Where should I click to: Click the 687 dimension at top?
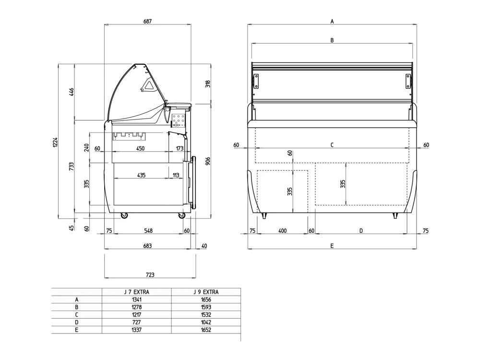point(147,22)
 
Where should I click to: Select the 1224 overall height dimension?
point(55,142)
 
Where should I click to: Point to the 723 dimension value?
point(150,275)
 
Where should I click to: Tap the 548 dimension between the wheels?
point(148,230)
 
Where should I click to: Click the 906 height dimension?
point(208,161)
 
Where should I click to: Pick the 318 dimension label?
point(208,84)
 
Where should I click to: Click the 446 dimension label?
point(72,92)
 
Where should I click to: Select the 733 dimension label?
point(72,167)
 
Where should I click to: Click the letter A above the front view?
point(332,22)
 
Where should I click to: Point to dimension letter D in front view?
point(361,230)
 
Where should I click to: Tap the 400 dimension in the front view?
point(282,230)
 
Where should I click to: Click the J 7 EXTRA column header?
point(136,292)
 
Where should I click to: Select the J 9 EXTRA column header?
point(206,292)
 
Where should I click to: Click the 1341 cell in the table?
point(136,300)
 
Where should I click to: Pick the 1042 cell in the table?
point(206,322)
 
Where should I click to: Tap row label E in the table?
point(76,330)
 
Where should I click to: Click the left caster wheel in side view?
point(124,216)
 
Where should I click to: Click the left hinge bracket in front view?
point(256,81)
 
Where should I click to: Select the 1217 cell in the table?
point(136,314)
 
